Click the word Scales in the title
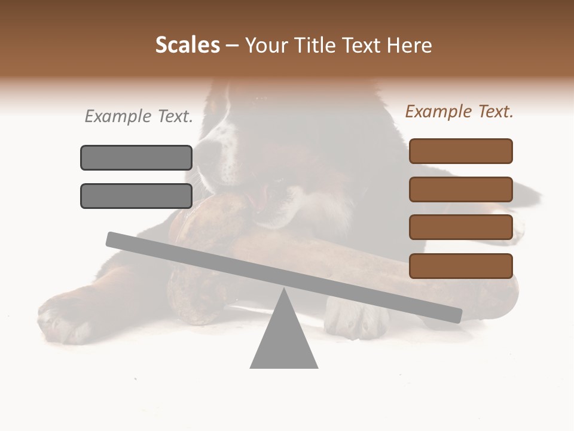click(x=187, y=45)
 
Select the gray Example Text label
click(x=139, y=117)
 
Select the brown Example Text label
click(x=459, y=111)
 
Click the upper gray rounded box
click(x=136, y=158)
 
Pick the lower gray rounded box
click(x=136, y=196)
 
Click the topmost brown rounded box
click(x=460, y=151)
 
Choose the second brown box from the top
click(x=460, y=189)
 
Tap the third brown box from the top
click(x=460, y=227)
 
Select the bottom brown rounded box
click(x=460, y=266)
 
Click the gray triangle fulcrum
click(x=284, y=338)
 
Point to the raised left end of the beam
click(x=114, y=239)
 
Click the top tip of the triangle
click(x=284, y=290)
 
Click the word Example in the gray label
click(x=118, y=117)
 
